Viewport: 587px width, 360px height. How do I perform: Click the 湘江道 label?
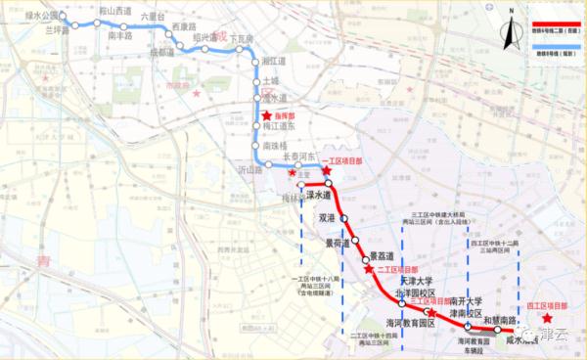tap(276, 61)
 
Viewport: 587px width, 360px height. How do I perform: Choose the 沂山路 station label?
tap(251, 170)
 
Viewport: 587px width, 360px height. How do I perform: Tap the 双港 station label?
tap(326, 217)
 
